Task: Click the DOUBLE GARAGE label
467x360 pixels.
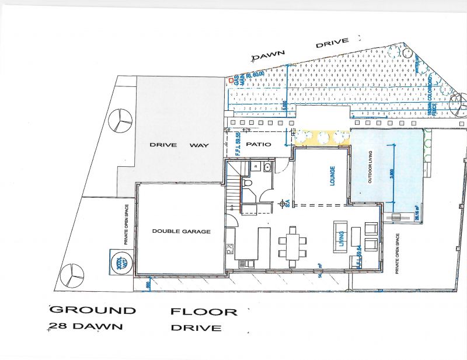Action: pyautogui.click(x=181, y=231)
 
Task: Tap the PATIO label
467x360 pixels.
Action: pyautogui.click(x=258, y=144)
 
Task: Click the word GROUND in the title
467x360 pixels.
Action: pyautogui.click(x=93, y=310)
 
